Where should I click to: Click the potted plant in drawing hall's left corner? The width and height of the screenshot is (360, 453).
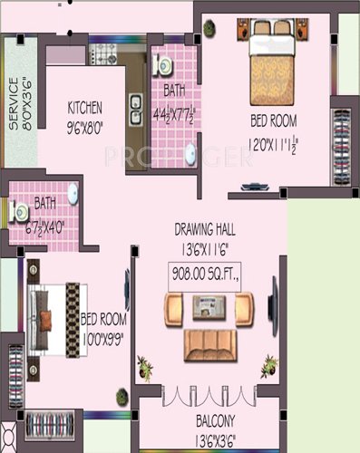point(143,368)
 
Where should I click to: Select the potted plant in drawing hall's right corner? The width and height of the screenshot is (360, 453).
point(268,366)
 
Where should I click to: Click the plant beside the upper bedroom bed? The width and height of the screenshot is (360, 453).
point(210,28)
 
